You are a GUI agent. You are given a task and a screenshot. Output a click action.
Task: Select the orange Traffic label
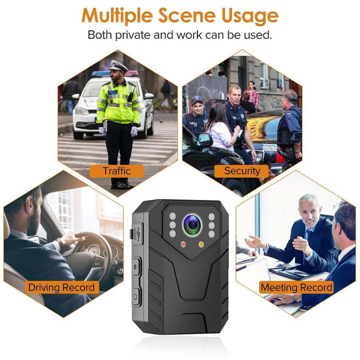(x=117, y=170)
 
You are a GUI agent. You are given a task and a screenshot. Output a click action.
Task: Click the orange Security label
(x=242, y=171)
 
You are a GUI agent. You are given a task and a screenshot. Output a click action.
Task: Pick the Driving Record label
(x=62, y=287)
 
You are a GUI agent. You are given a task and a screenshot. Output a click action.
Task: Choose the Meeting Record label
(x=296, y=287)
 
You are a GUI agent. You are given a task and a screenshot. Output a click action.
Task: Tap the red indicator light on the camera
(x=183, y=245)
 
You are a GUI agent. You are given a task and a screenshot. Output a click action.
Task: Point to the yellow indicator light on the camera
(x=201, y=245)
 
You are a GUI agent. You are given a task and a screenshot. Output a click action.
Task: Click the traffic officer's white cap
(x=119, y=66)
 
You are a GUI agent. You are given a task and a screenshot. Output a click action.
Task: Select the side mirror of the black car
(x=204, y=140)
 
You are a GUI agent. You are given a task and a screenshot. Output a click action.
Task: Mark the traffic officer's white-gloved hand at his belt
(x=134, y=131)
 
